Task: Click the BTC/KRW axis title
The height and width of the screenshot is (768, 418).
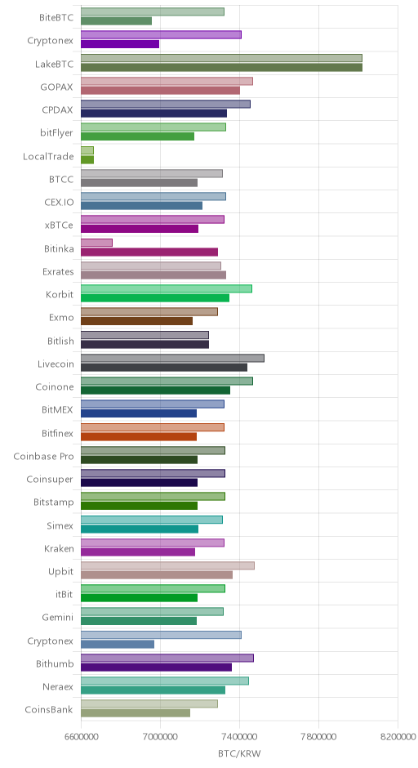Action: click(x=239, y=753)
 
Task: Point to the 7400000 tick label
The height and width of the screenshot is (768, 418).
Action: click(x=239, y=737)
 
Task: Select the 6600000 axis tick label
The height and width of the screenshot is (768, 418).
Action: click(x=81, y=737)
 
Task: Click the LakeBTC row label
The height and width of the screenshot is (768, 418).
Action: click(x=54, y=64)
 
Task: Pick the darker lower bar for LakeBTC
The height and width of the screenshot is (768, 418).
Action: click(x=221, y=68)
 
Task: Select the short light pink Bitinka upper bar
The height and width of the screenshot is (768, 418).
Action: click(x=96, y=243)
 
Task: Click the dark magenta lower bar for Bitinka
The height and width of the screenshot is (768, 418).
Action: click(x=149, y=252)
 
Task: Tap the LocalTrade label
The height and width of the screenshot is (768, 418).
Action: click(x=48, y=156)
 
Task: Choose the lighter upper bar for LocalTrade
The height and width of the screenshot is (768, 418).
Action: click(x=87, y=150)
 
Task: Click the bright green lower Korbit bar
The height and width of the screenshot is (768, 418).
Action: click(x=154, y=297)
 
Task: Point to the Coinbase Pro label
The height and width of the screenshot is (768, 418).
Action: click(x=43, y=456)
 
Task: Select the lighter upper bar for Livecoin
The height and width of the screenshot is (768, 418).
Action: click(x=172, y=358)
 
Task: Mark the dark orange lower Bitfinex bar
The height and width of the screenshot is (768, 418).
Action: click(x=139, y=436)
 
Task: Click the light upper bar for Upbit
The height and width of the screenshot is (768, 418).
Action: click(x=167, y=565)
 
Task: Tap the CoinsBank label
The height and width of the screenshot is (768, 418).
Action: click(x=49, y=709)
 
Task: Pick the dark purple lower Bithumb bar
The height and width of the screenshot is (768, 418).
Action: click(x=156, y=668)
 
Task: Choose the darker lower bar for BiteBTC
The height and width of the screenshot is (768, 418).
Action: click(x=116, y=21)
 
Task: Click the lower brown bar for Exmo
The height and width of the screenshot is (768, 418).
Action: click(x=136, y=321)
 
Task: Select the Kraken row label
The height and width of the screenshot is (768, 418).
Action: click(x=59, y=548)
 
